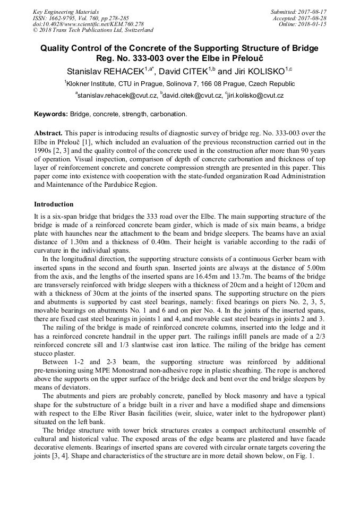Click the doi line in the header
[x=88, y=24]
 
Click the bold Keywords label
[x=51, y=114]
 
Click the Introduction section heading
[x=54, y=204]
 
